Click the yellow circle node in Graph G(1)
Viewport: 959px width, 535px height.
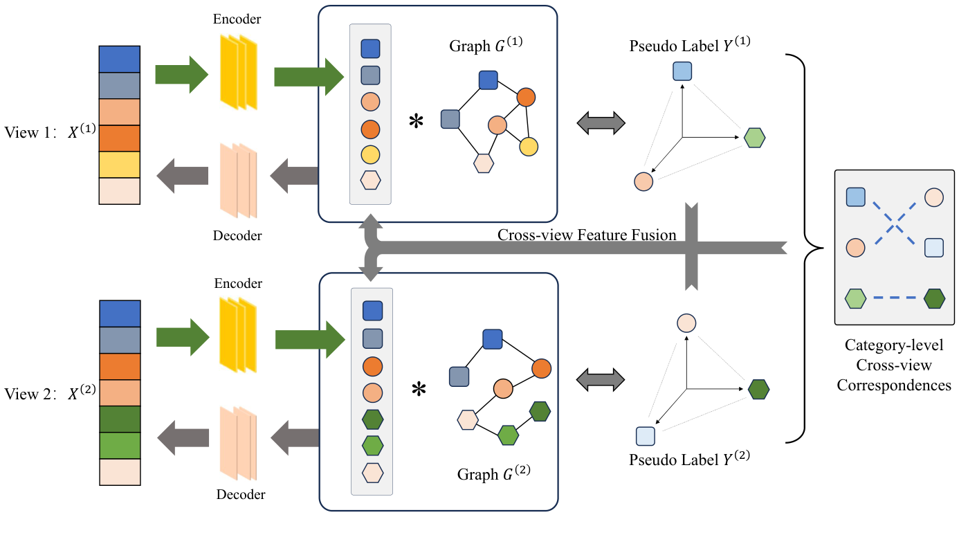(x=529, y=146)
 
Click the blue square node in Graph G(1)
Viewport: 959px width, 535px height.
(x=488, y=80)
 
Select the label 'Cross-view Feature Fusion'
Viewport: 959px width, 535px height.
(x=587, y=235)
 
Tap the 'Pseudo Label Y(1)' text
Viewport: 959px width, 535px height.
(x=690, y=45)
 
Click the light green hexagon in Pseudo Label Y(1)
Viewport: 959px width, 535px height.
(x=754, y=138)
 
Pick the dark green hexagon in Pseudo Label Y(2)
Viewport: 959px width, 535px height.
(x=758, y=389)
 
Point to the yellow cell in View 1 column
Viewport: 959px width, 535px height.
(x=120, y=165)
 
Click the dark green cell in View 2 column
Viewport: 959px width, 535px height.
(x=120, y=419)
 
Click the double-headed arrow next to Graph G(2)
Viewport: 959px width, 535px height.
(x=601, y=379)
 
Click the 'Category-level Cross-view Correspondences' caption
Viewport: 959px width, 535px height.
(x=893, y=365)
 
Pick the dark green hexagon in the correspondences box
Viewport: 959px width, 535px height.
(x=935, y=299)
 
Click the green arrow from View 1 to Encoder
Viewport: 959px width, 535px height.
(x=181, y=72)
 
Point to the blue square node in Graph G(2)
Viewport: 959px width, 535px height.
(x=492, y=339)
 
